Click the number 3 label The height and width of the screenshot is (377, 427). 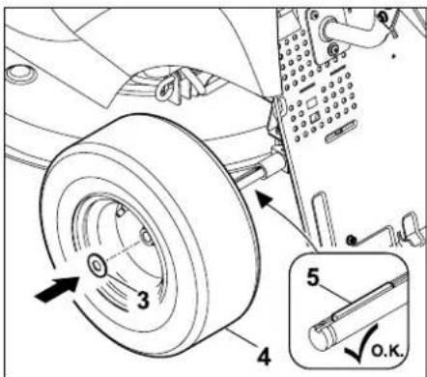[x=143, y=300]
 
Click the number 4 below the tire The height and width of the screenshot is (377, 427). [x=264, y=357]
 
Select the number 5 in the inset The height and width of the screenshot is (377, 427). [x=313, y=277]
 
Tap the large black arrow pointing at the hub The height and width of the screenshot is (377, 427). [x=57, y=289]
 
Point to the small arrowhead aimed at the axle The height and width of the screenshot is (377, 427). [x=265, y=199]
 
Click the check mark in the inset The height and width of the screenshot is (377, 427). [x=361, y=343]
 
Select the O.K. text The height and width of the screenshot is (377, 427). [x=387, y=351]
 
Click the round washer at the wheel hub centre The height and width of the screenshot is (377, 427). [x=97, y=265]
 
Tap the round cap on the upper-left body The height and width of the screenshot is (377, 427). [x=21, y=74]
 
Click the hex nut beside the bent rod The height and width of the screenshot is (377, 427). [x=352, y=240]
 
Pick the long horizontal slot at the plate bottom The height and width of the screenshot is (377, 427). [x=341, y=131]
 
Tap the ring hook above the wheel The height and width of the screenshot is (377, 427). [x=166, y=87]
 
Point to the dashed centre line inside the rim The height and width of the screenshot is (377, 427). [x=124, y=249]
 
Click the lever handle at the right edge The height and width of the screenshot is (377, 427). [x=413, y=228]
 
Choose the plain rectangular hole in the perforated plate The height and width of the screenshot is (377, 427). [x=312, y=103]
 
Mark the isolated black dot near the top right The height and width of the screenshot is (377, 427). [x=393, y=56]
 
